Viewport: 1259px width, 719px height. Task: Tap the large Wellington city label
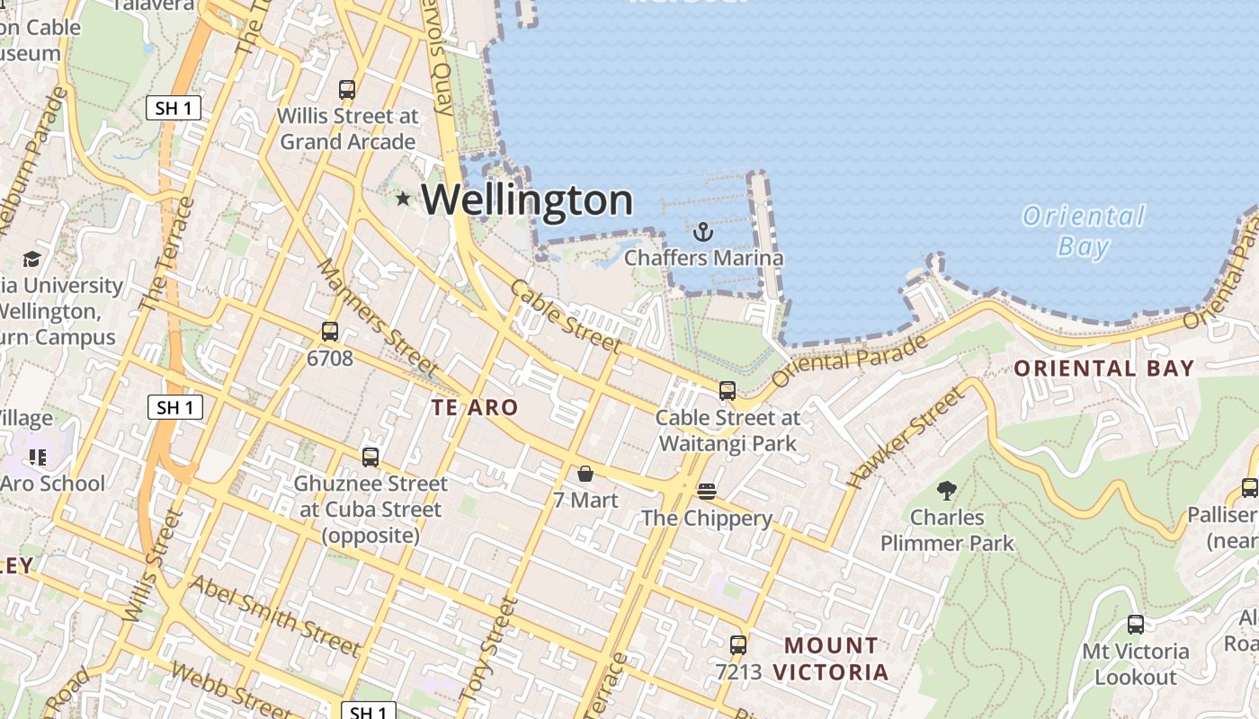527,200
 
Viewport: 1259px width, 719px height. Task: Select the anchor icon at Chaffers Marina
703,233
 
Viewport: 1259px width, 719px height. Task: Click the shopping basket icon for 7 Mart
585,474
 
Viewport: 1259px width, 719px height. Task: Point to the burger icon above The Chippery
707,492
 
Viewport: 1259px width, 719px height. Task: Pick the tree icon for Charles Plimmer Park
946,491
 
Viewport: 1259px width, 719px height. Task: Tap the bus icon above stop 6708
330,332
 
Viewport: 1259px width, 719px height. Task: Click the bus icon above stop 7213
738,644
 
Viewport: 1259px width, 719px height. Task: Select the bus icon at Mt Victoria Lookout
1136,625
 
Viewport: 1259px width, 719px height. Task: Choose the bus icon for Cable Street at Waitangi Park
728,391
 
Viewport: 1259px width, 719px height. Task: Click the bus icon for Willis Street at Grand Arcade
347,90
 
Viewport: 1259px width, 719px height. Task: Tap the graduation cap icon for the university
32,260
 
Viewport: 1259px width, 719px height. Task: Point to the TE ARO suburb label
475,407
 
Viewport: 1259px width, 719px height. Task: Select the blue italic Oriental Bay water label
1084,231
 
